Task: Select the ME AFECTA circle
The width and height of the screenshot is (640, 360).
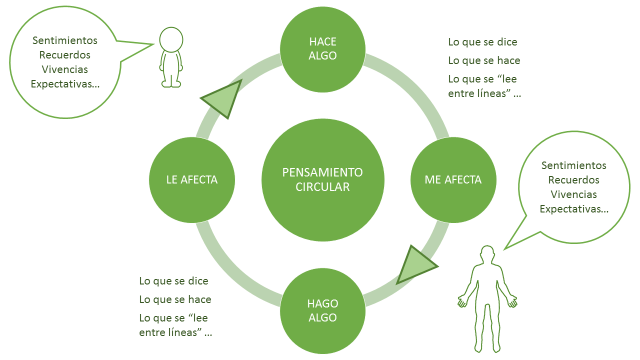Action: [x=446, y=180]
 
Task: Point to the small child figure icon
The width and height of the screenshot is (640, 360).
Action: [x=172, y=57]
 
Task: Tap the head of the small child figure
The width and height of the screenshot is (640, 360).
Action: [x=172, y=39]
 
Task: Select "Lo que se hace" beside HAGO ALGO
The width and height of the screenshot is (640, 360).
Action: [x=174, y=299]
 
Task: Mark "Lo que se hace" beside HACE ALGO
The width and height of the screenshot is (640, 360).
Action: [x=482, y=60]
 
